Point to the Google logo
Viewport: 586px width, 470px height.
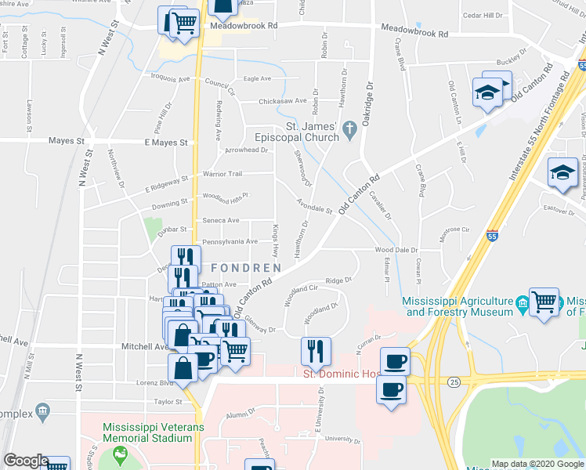point(26,461)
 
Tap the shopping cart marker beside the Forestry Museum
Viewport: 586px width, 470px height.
point(544,301)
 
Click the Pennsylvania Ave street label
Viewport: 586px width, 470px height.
point(230,242)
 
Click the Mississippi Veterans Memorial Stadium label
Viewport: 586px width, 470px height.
point(146,432)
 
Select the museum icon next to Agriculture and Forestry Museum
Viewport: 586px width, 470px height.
point(522,302)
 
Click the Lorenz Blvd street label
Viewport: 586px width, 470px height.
point(154,384)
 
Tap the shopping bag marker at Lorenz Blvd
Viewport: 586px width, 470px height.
point(183,368)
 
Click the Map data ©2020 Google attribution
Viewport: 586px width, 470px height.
point(537,463)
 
